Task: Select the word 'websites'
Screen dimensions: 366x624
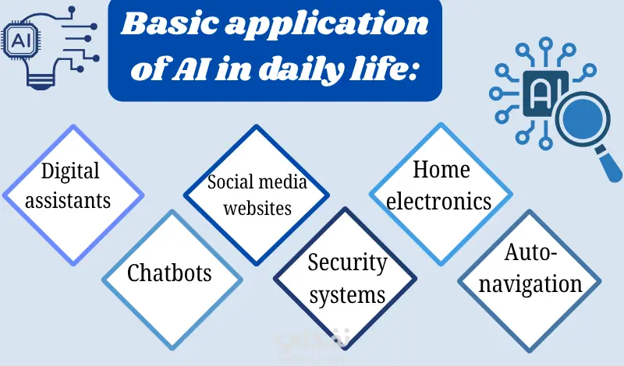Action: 257,208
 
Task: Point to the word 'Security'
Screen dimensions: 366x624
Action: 347,263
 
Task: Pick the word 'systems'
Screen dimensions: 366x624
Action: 346,294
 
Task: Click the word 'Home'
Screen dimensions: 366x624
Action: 441,169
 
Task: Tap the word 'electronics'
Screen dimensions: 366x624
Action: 439,200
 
